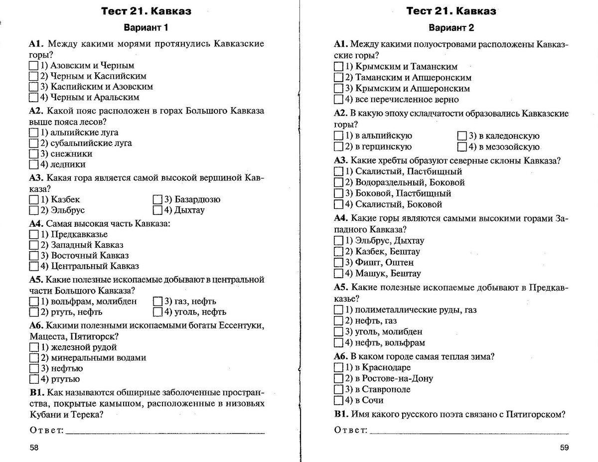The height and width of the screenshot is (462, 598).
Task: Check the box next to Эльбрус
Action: click(34, 210)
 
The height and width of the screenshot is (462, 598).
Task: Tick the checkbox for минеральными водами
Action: click(34, 358)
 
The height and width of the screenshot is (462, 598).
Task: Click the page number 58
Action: click(34, 448)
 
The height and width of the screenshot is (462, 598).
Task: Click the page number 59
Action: click(564, 448)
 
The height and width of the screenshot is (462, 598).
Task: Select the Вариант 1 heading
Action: click(146, 27)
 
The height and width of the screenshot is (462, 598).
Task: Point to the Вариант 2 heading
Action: click(451, 27)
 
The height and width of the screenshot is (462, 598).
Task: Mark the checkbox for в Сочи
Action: click(338, 401)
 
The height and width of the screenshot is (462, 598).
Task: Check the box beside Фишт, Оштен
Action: click(338, 263)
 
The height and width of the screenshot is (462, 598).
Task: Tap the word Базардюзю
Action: click(197, 200)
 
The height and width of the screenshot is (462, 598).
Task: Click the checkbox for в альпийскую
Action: click(338, 136)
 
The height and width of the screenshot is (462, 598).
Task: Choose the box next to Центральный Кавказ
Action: click(34, 267)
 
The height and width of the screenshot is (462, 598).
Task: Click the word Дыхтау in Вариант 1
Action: click(189, 210)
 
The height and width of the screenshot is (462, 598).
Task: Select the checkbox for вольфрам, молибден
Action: click(34, 302)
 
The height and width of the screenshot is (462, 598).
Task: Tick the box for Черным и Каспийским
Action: click(34, 76)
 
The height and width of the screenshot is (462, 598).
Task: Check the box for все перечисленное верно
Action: click(338, 100)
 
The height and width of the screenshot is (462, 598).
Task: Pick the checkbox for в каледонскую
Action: click(461, 136)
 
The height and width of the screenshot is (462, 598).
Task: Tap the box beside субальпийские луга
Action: click(34, 144)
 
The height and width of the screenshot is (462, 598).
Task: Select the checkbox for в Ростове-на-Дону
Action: click(338, 379)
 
